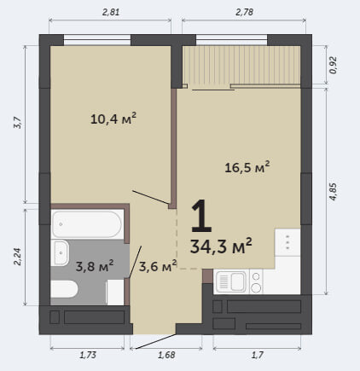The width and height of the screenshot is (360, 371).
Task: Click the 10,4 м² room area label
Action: click(x=113, y=119)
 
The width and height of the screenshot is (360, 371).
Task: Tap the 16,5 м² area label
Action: click(x=247, y=167)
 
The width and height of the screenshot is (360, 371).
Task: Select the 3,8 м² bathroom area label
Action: click(x=95, y=265)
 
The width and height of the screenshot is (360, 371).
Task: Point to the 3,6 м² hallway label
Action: click(x=158, y=266)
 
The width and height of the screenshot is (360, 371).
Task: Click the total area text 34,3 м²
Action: click(x=221, y=246)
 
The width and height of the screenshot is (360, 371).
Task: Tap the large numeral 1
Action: click(x=201, y=216)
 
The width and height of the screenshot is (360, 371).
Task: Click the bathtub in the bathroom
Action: click(x=88, y=224)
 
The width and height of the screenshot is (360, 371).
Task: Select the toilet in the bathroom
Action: click(x=64, y=289)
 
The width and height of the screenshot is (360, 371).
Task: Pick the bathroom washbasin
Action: click(x=60, y=253)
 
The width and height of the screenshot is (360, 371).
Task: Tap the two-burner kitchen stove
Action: click(x=256, y=281)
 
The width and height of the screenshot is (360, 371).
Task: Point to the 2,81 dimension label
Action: click(x=110, y=12)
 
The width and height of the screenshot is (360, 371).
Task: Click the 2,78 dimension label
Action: click(x=244, y=12)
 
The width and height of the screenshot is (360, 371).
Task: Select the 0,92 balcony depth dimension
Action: click(x=333, y=65)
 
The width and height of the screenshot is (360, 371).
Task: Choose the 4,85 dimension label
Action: click(x=333, y=191)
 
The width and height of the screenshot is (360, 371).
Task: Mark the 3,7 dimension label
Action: click(x=17, y=123)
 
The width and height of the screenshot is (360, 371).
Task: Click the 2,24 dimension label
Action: click(x=17, y=257)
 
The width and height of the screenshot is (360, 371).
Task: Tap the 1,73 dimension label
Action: click(x=88, y=355)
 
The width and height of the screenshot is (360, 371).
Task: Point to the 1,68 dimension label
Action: click(x=166, y=355)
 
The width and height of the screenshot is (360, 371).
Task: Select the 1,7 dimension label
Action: click(x=258, y=355)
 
